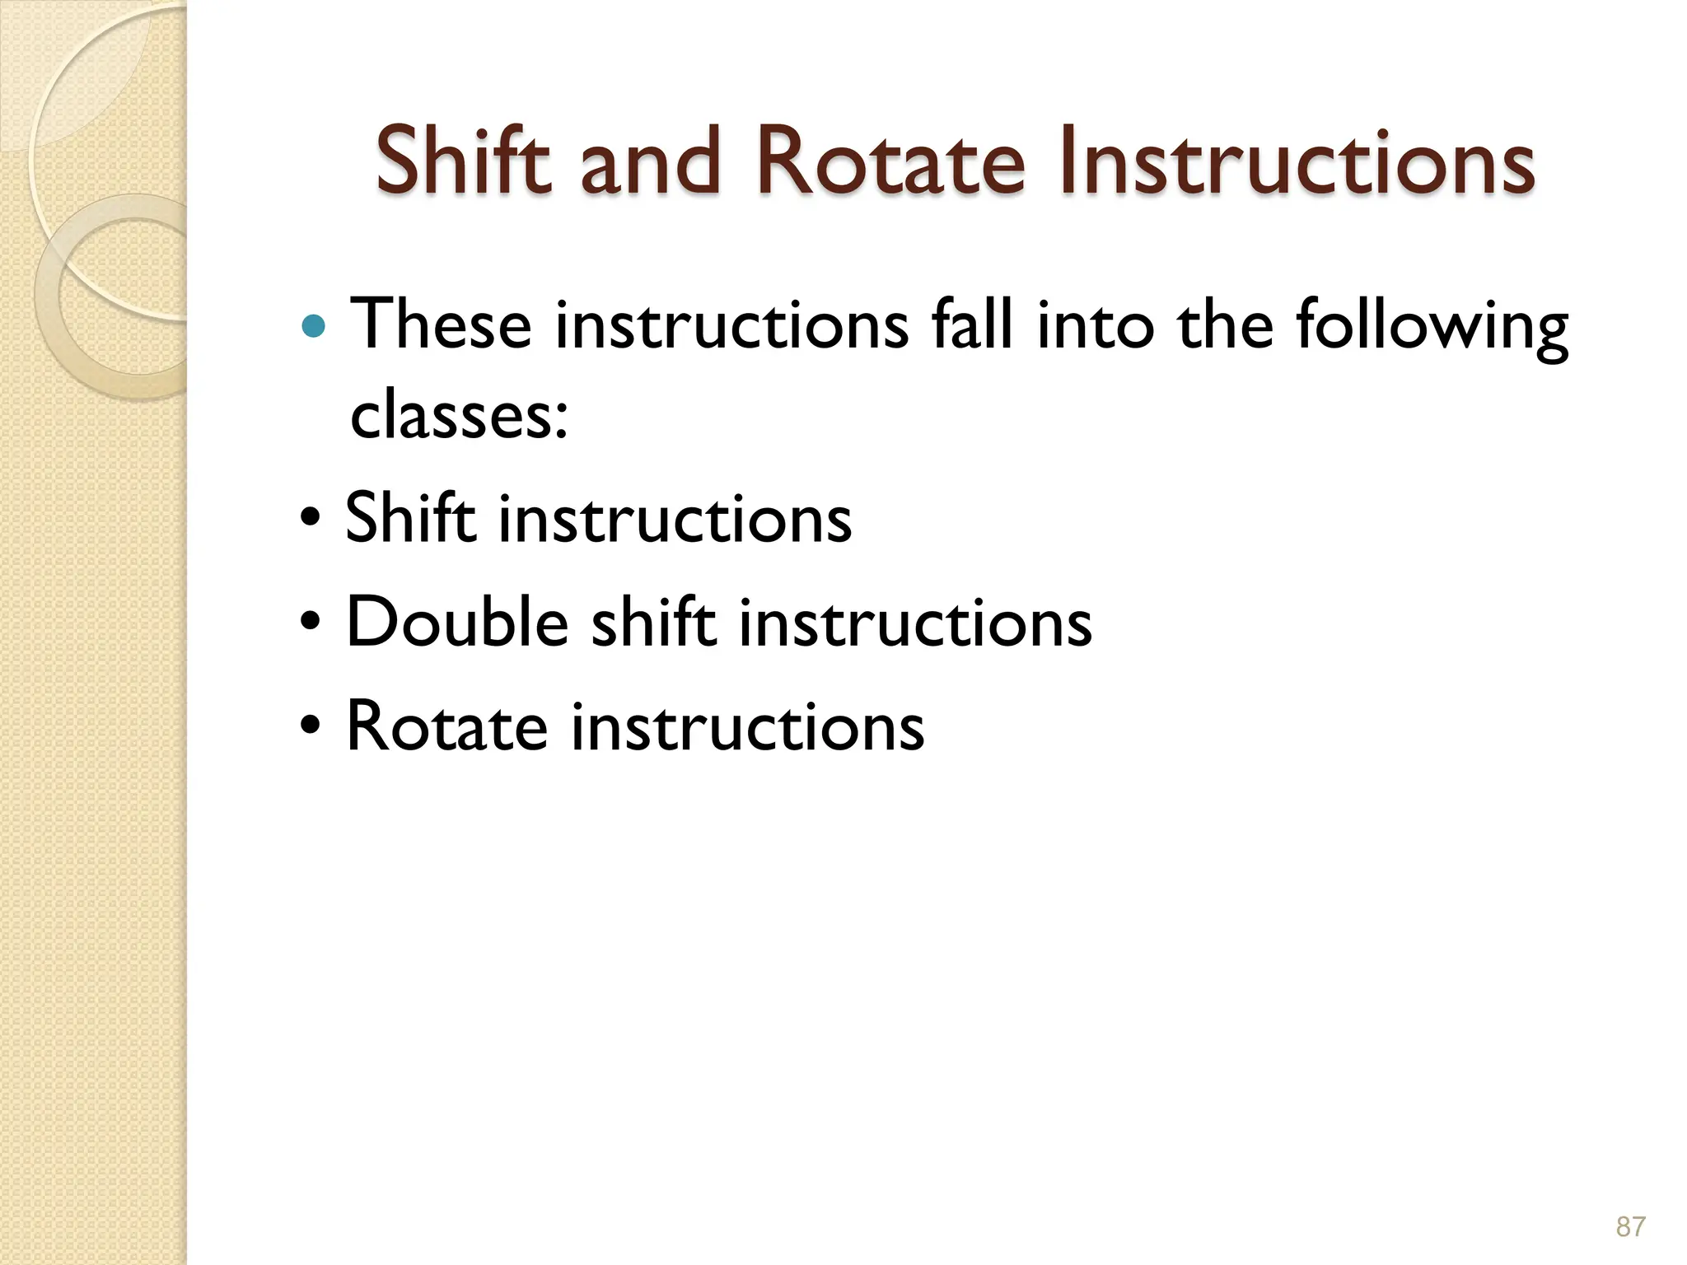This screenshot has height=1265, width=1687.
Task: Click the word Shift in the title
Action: [462, 161]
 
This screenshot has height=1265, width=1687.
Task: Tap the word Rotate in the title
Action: [890, 161]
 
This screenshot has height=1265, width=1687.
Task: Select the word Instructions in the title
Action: [1297, 161]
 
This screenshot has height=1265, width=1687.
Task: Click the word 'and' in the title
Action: [650, 161]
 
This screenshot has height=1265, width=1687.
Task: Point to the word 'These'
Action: [441, 324]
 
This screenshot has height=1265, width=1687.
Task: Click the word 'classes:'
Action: [459, 414]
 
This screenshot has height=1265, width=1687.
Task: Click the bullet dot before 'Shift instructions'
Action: [311, 520]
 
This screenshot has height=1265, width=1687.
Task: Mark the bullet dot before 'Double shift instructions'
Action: [311, 623]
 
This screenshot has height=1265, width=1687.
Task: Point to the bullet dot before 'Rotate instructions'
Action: [311, 727]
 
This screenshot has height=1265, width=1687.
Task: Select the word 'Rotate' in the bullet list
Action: [446, 726]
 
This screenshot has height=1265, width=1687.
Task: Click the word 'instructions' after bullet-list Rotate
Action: [747, 726]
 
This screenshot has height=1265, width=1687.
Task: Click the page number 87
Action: [1630, 1227]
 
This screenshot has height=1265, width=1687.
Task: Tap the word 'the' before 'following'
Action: [1227, 324]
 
